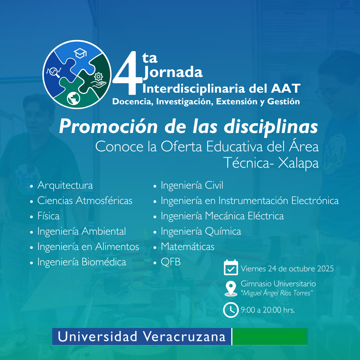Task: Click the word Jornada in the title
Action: [x=173, y=72]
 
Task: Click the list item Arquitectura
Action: [x=65, y=185]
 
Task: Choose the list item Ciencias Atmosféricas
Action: [x=85, y=201]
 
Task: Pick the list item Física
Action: [x=48, y=216]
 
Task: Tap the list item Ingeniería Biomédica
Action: [x=82, y=262]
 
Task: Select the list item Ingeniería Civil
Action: [x=192, y=185]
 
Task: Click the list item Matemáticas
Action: [x=187, y=247]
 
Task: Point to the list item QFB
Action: [x=171, y=262]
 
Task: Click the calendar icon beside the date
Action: [x=231, y=268]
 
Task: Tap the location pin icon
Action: [x=231, y=288]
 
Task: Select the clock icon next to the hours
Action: [x=231, y=310]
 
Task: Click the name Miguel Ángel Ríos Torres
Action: [x=277, y=293]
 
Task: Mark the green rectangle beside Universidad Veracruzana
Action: [x=270, y=336]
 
